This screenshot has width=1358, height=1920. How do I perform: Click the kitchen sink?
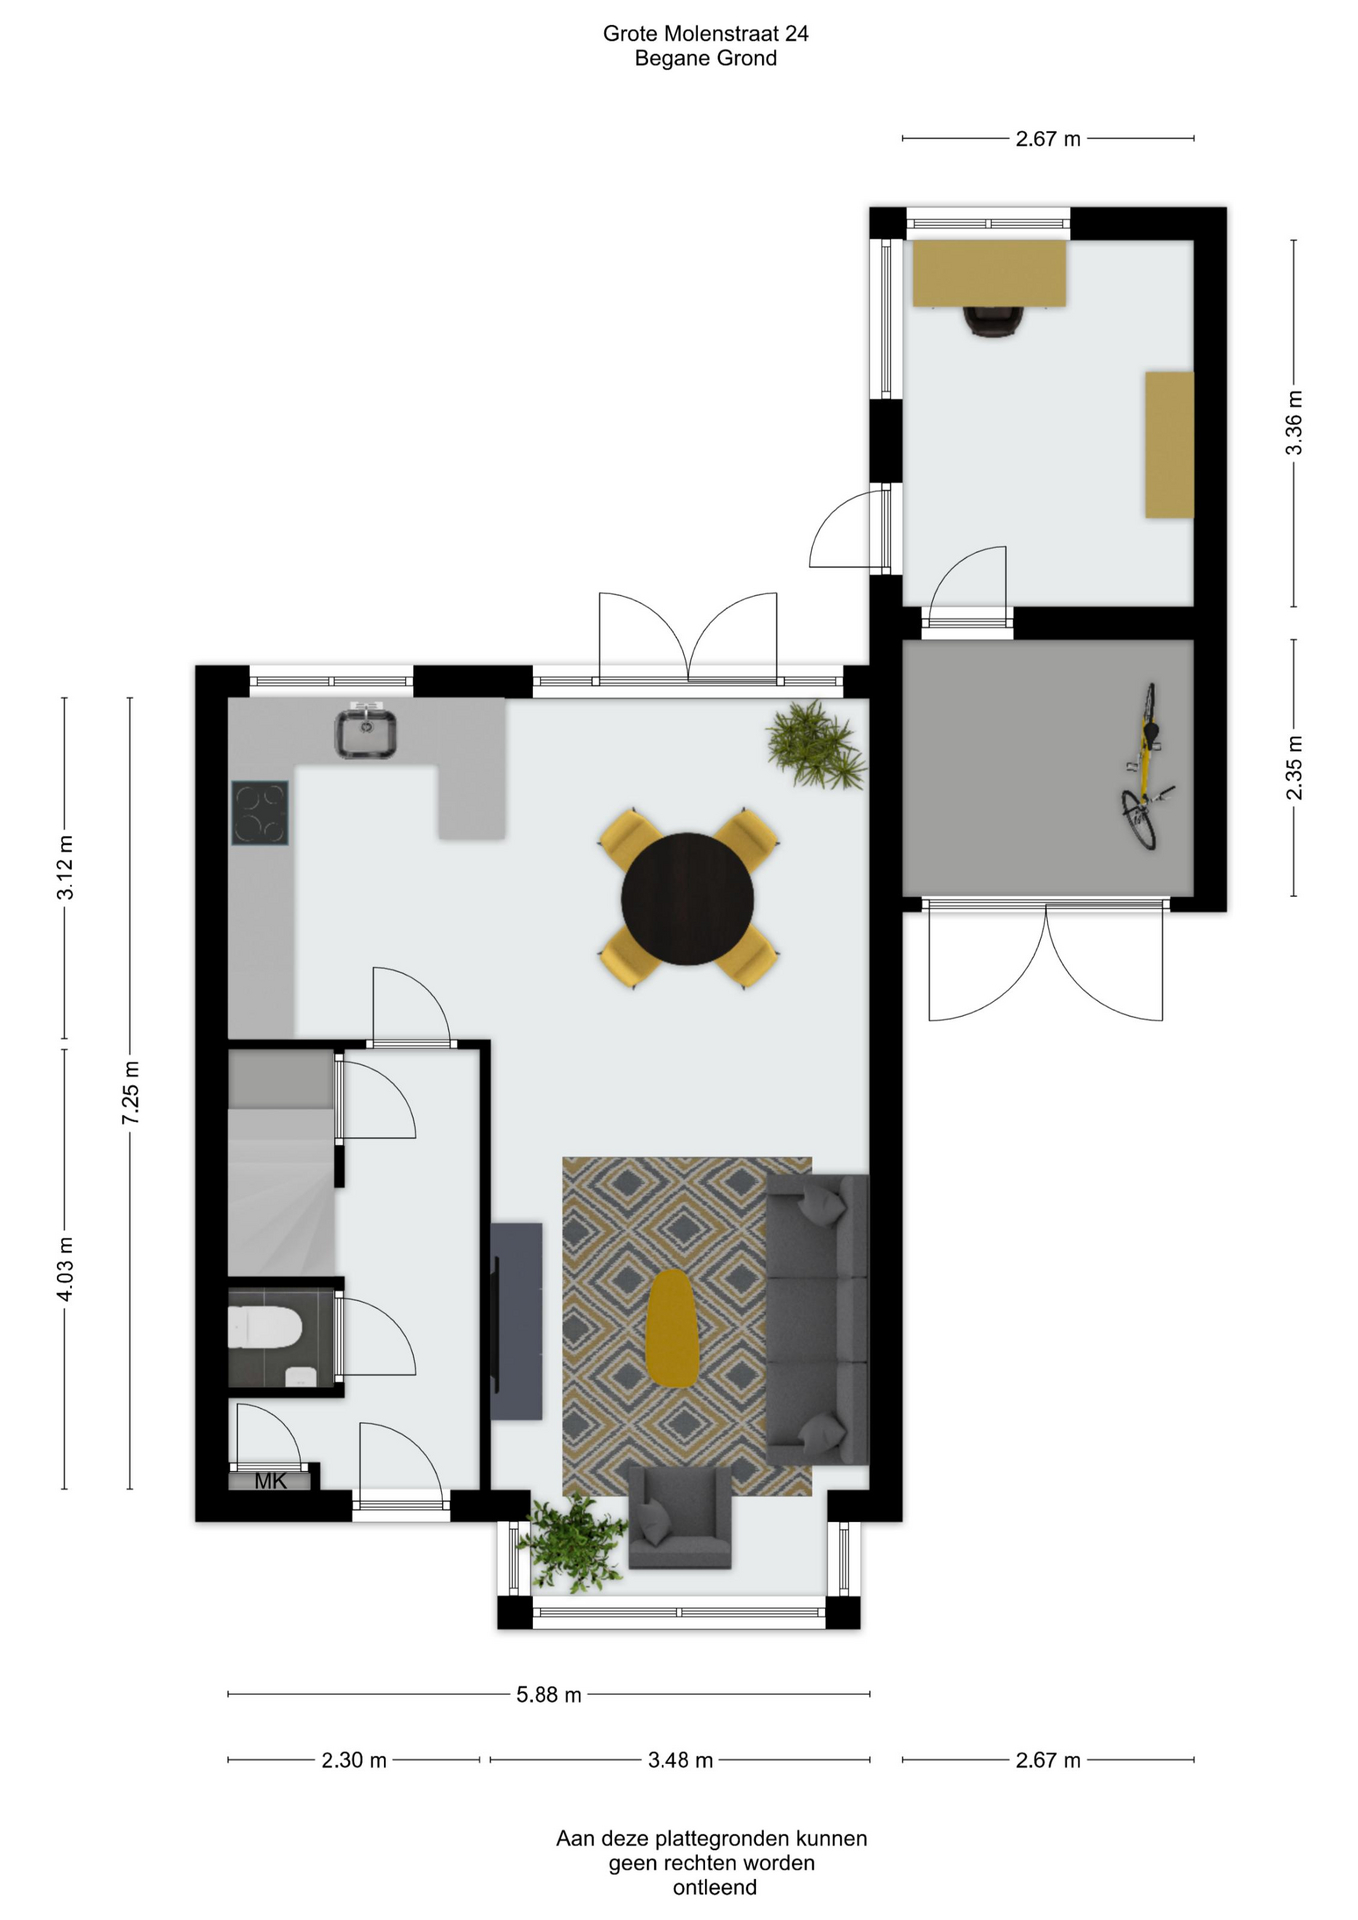pyautogui.click(x=365, y=731)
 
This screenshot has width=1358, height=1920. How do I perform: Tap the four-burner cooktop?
pyautogui.click(x=260, y=813)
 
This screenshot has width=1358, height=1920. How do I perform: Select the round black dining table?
pyautogui.click(x=687, y=899)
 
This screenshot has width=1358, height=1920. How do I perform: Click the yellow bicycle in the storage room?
pyautogui.click(x=1146, y=766)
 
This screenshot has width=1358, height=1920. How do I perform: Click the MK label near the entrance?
pyautogui.click(x=270, y=1481)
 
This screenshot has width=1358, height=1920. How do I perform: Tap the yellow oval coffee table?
pyautogui.click(x=671, y=1328)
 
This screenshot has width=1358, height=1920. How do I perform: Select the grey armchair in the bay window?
pyautogui.click(x=680, y=1517)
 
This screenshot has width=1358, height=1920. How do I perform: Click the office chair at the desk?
pyautogui.click(x=993, y=321)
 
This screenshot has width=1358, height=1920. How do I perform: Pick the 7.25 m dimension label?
pyautogui.click(x=130, y=1093)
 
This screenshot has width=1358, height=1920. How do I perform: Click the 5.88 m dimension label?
pyautogui.click(x=549, y=1695)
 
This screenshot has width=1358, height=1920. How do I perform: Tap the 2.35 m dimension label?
pyautogui.click(x=1294, y=768)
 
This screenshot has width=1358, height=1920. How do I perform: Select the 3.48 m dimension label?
pyautogui.click(x=681, y=1760)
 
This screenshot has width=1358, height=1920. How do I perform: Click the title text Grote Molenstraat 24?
pyautogui.click(x=706, y=33)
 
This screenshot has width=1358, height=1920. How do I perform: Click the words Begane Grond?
pyautogui.click(x=706, y=58)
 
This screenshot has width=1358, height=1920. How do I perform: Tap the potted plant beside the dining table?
pyautogui.click(x=816, y=744)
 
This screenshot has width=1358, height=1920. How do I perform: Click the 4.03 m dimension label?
pyautogui.click(x=65, y=1269)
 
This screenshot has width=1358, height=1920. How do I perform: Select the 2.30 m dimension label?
pyautogui.click(x=354, y=1760)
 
